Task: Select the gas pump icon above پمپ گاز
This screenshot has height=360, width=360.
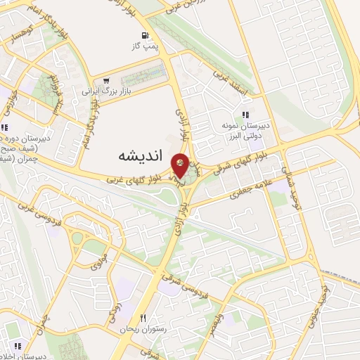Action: click(146, 35)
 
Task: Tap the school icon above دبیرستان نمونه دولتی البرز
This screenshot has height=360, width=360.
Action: click(245, 115)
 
